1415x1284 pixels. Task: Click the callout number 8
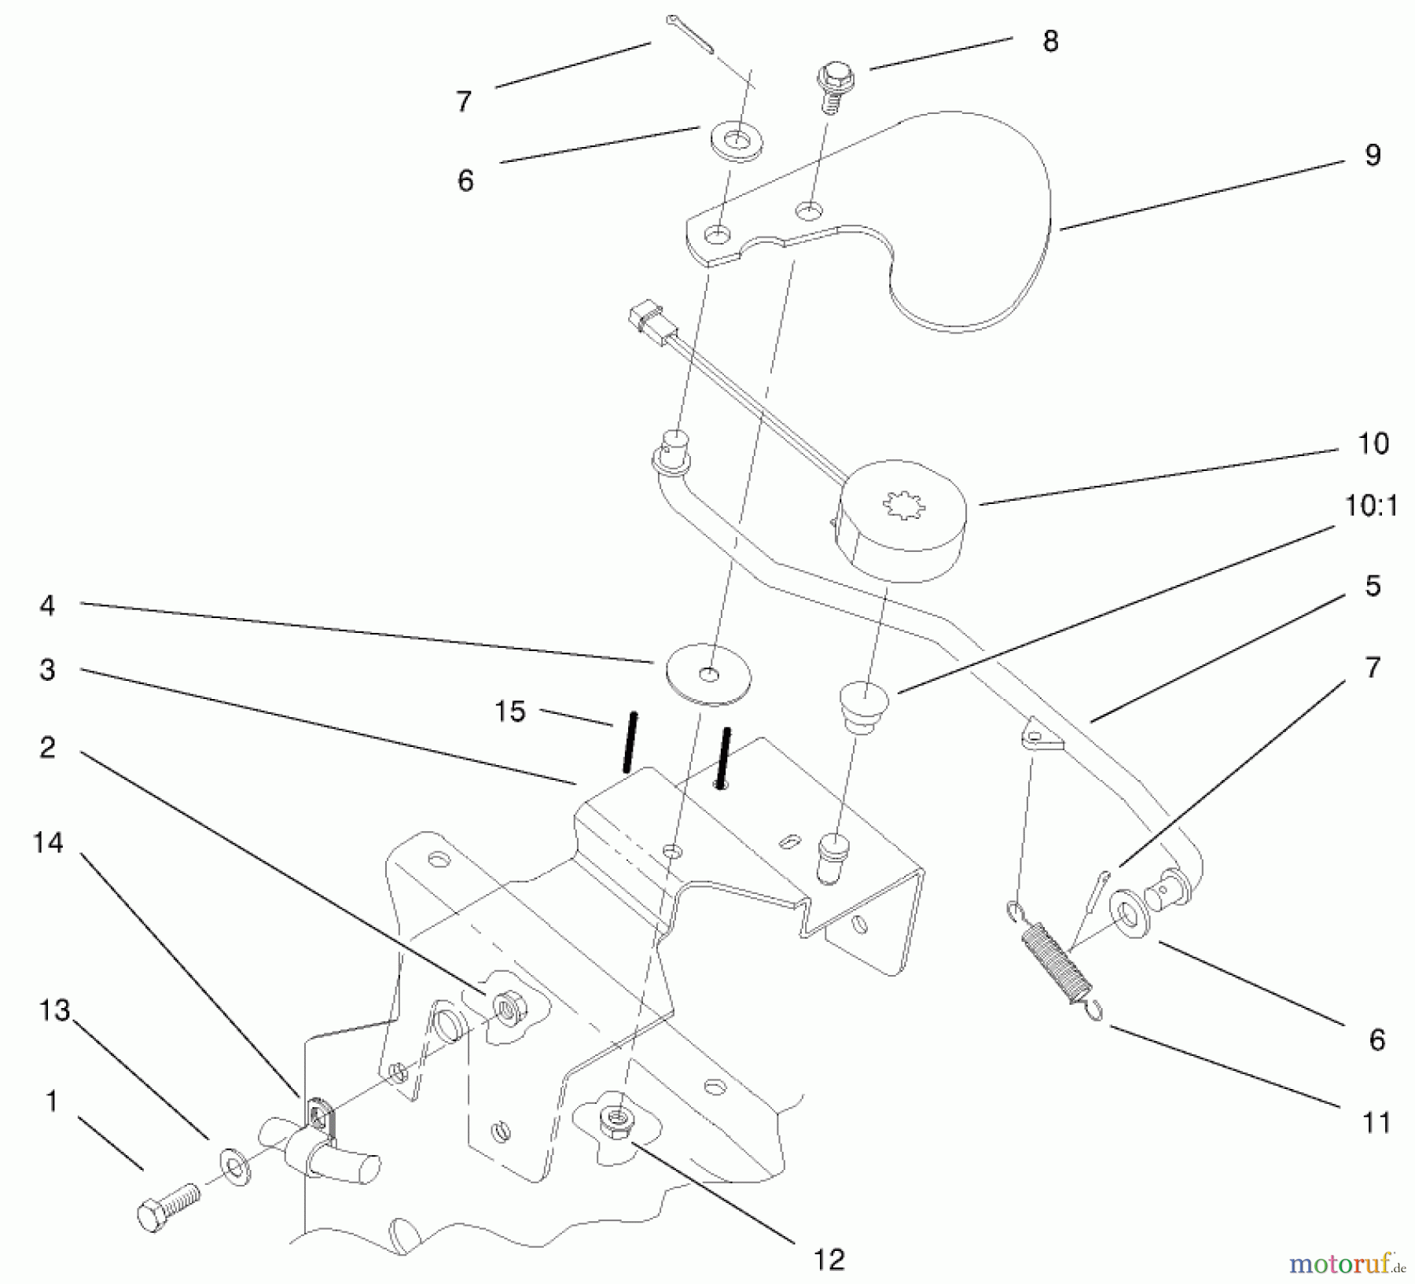(1050, 41)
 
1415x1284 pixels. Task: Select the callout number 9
(1373, 155)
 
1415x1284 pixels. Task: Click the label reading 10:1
(1371, 506)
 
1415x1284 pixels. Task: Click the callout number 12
(829, 1260)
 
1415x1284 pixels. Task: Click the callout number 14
(48, 843)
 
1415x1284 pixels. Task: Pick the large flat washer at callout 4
(708, 674)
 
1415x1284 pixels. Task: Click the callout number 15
(509, 712)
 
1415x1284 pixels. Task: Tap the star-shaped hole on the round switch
(904, 504)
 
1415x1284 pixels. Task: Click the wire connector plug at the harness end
(643, 321)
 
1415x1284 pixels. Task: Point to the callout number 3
(48, 670)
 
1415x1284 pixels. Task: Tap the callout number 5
(1373, 586)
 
